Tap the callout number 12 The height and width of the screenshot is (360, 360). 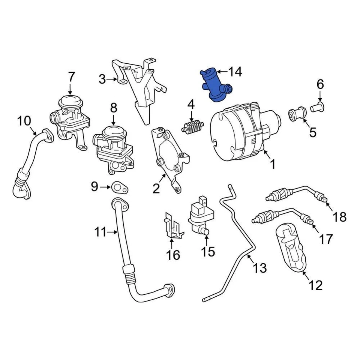coord(316,285)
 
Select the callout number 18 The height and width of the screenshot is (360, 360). coord(339,216)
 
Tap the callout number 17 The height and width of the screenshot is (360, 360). coord(326,238)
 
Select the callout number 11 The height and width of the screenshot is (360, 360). coord(100,232)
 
